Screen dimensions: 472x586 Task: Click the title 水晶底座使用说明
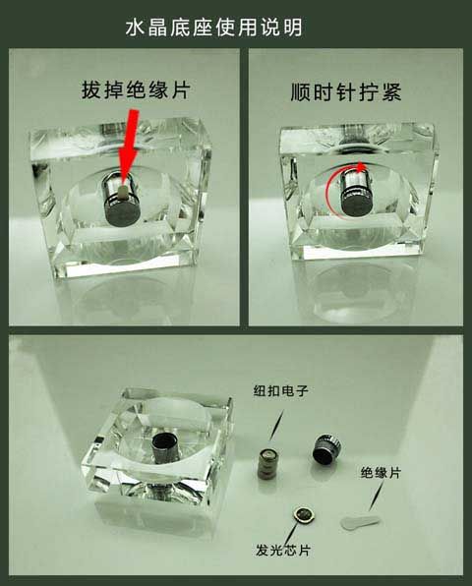pos(213,29)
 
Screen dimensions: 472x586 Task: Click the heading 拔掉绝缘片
pos(136,90)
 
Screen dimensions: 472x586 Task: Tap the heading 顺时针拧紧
pos(346,92)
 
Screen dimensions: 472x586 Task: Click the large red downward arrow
pos(128,146)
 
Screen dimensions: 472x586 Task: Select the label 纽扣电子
pos(280,391)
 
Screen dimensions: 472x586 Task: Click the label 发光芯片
pos(283,551)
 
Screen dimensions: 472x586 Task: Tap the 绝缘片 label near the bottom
pos(381,473)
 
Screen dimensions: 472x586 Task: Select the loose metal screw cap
pos(326,449)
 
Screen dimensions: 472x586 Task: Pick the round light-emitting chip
pos(305,516)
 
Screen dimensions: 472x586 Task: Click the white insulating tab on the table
pos(359,521)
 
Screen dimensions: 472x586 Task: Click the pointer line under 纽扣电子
pos(275,424)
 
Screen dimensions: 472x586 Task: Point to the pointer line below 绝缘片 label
pos(376,496)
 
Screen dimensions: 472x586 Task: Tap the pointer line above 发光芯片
pos(291,534)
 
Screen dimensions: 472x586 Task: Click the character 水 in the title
pos(135,29)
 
